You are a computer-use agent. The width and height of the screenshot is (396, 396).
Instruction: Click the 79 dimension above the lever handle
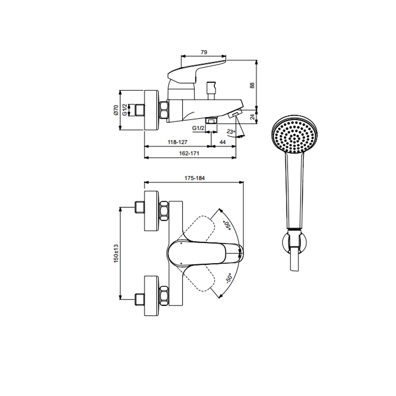(x=204, y=52)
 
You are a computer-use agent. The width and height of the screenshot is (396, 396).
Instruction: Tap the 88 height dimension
(x=252, y=85)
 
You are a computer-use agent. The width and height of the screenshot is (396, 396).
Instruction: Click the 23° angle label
(x=231, y=131)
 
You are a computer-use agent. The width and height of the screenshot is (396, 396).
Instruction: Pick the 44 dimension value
(x=223, y=142)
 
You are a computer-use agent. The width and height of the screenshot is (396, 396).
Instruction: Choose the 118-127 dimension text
(x=177, y=142)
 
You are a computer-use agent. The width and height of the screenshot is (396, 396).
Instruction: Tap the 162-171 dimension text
(x=189, y=153)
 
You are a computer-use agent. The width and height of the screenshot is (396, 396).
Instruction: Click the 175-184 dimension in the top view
(x=195, y=178)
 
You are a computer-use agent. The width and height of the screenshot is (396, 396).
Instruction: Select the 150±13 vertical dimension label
(x=116, y=253)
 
